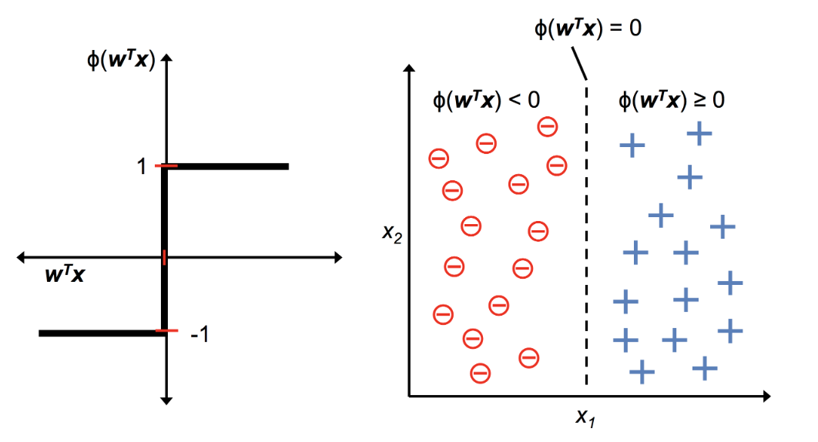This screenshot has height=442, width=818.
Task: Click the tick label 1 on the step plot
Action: pyautogui.click(x=142, y=166)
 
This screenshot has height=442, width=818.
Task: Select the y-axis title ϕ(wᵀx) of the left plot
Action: pyautogui.click(x=122, y=59)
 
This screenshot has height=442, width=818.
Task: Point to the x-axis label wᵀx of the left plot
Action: pyautogui.click(x=65, y=273)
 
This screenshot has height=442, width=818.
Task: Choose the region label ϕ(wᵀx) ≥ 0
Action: pyautogui.click(x=672, y=100)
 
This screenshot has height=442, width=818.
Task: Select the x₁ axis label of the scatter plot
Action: pyautogui.click(x=586, y=417)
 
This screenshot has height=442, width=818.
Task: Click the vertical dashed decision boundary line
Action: pyautogui.click(x=587, y=231)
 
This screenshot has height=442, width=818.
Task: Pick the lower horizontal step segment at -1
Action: pyautogui.click(x=100, y=333)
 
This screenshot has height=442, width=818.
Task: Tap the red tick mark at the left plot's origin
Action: pyautogui.click(x=164, y=257)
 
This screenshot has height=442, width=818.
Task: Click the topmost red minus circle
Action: pyautogui.click(x=548, y=126)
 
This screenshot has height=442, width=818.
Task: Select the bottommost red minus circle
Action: pyautogui.click(x=480, y=373)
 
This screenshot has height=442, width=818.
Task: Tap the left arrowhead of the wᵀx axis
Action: pyautogui.click(x=22, y=257)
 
